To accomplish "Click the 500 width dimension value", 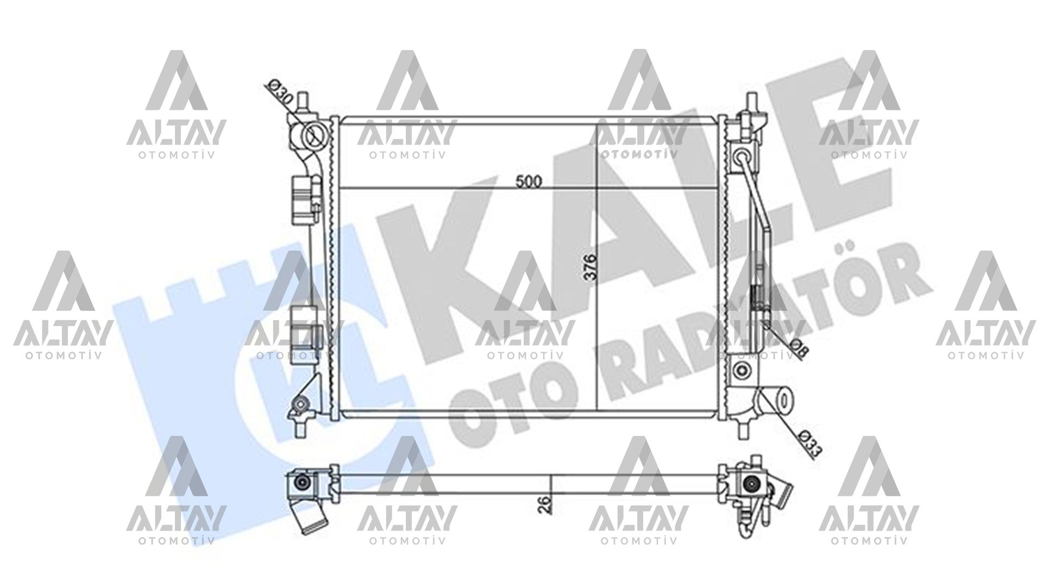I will click(529, 182).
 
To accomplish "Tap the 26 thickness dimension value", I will click(546, 504).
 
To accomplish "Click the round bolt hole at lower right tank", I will click(740, 371).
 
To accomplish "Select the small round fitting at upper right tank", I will click(742, 157).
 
